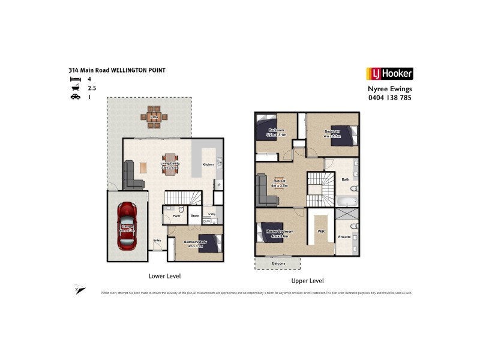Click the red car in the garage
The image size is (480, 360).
(x=127, y=226)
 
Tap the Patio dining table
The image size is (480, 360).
(x=154, y=117)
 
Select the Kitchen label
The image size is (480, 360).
(x=208, y=164)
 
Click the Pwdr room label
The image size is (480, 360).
(x=176, y=215)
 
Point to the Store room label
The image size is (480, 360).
(x=195, y=215)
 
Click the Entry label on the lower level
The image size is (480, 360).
(x=157, y=240)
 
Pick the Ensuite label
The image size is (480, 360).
(x=345, y=237)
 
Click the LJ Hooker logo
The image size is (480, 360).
(x=389, y=74)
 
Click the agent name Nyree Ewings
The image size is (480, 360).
(x=389, y=88)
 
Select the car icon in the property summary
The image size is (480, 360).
(x=75, y=97)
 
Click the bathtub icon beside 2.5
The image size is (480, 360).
(x=75, y=88)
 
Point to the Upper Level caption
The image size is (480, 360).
(x=308, y=281)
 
